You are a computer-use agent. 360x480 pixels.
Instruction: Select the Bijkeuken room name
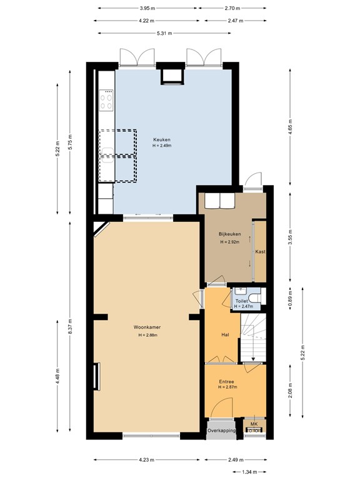(229, 234)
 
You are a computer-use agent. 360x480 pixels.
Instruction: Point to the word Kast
(261, 251)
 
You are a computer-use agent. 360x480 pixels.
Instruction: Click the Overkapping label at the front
(222, 431)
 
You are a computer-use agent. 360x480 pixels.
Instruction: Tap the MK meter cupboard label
(253, 424)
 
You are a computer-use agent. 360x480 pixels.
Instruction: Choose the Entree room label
(226, 381)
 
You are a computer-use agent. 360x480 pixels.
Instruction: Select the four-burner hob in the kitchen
(106, 101)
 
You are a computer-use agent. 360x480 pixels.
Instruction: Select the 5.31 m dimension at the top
(147, 33)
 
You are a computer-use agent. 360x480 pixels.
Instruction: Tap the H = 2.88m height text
(148, 335)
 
